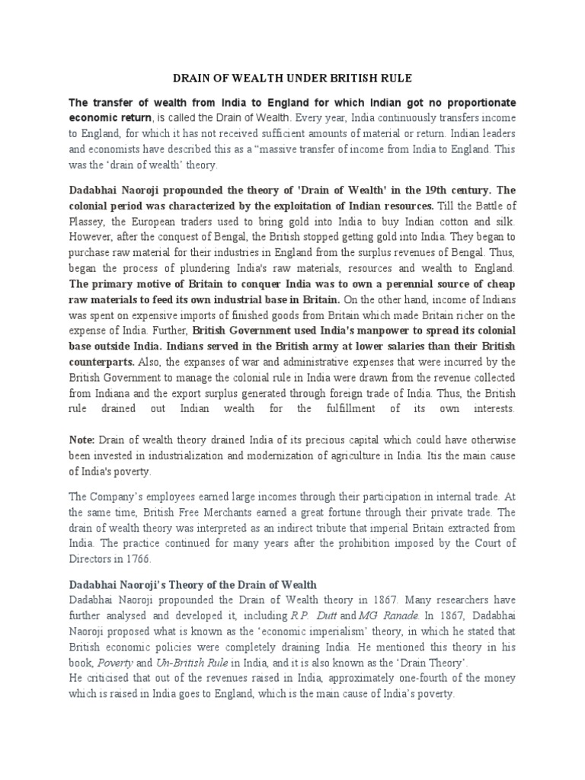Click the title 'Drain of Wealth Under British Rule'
pos(292,78)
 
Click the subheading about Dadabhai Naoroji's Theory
pos(193,586)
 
